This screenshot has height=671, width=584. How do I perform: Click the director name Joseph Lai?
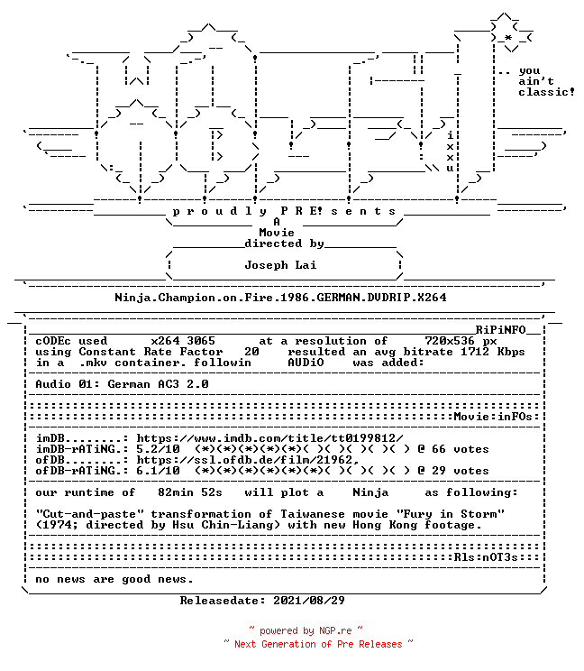pos(280,265)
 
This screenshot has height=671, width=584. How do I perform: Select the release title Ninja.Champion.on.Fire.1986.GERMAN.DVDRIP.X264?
pos(280,298)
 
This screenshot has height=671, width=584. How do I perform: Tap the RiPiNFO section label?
pos(500,329)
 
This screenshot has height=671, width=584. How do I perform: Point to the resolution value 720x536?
pos(450,341)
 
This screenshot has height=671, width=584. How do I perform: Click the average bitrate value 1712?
pos(475,352)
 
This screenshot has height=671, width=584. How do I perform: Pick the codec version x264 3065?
pos(183,341)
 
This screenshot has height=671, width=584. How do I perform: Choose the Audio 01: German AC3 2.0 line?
pos(122,384)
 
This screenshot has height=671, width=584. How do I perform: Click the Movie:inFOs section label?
pos(493,417)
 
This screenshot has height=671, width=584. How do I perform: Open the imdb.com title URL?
pos(269,438)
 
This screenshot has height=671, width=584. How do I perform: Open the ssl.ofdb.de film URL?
pos(248,460)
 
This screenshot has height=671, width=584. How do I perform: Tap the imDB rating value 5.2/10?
pos(158,449)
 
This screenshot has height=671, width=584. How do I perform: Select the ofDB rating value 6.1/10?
pos(158,471)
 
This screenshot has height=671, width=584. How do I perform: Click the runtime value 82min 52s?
pos(190,492)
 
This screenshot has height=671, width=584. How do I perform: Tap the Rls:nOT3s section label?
pos(486,557)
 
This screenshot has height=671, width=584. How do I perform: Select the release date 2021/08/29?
pos(309,601)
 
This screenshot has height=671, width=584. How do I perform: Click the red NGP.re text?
pos(335,630)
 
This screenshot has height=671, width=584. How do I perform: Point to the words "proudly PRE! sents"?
pos(284,211)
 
